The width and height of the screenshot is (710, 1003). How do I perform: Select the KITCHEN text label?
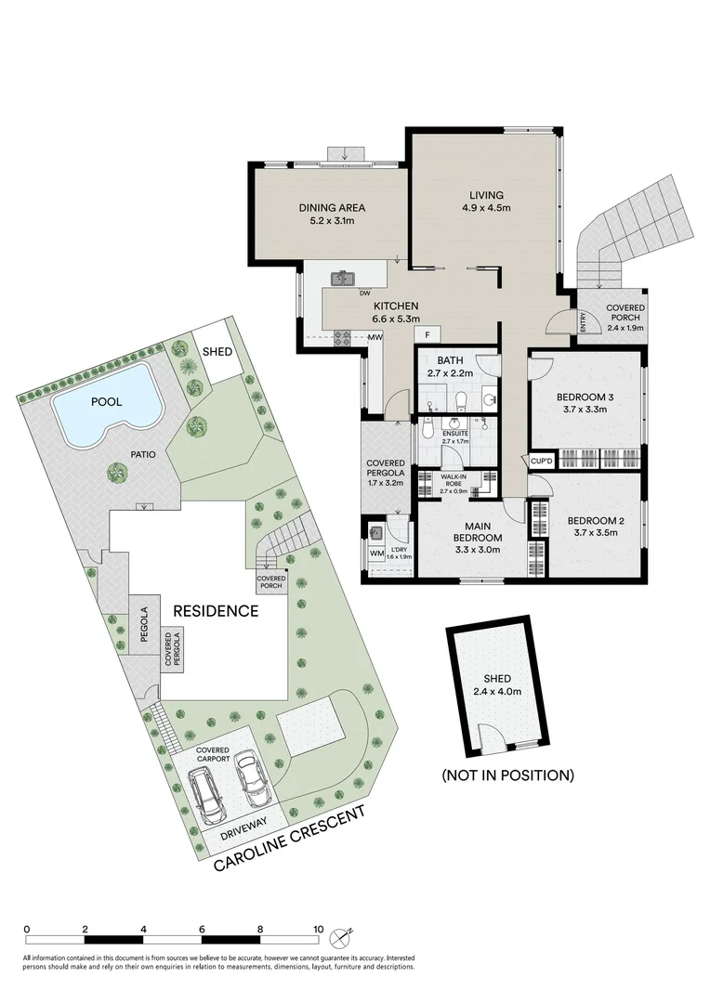click(395, 306)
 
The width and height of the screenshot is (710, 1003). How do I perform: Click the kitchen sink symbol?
click(343, 277)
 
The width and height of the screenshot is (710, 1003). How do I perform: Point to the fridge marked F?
click(427, 333)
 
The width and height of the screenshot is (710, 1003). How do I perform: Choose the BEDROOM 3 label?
click(581, 397)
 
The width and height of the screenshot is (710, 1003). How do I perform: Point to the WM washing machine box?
click(376, 554)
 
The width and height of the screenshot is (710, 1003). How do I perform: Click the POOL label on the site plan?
click(107, 401)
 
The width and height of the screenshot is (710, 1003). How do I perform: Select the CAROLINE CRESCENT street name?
click(289, 839)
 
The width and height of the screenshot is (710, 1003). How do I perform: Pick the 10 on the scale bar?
click(318, 929)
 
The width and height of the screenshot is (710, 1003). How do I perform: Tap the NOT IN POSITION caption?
click(507, 775)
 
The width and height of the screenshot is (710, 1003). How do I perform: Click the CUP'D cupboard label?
click(541, 459)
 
